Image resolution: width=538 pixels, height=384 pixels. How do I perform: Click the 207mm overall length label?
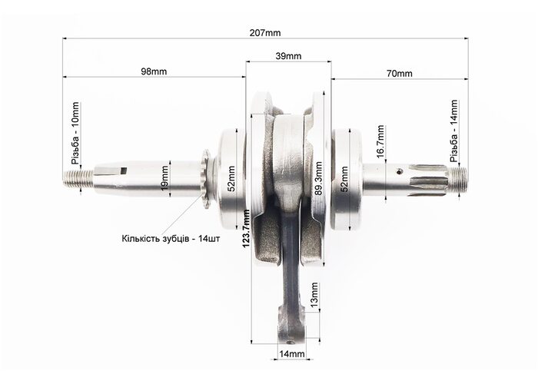click(265, 33)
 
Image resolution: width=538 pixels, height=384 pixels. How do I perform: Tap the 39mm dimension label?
click(288, 56)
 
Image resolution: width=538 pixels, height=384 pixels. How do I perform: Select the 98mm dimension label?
click(154, 71)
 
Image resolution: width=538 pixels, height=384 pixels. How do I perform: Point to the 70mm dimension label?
click(400, 74)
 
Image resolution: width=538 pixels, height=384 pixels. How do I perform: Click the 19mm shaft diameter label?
click(164, 178)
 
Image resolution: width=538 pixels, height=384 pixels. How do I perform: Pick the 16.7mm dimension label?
click(380, 141)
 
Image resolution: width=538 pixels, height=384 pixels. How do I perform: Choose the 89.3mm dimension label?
click(319, 178)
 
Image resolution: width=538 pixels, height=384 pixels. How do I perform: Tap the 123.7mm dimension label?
click(246, 229)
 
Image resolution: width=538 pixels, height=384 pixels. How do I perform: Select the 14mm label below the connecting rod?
click(291, 354)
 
